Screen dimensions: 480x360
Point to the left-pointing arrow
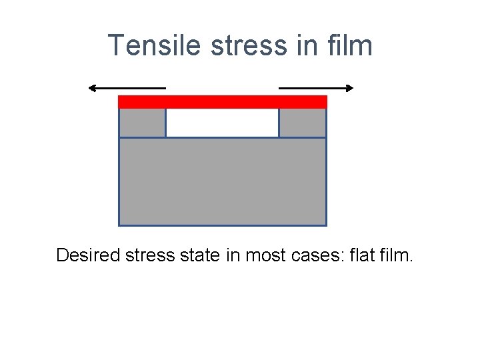coord(127,88)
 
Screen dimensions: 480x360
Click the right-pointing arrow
coord(316,88)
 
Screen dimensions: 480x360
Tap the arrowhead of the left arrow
coord(92,88)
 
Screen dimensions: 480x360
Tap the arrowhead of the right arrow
coord(350,88)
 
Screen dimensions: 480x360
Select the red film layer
coord(223,101)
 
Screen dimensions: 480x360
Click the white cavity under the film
coord(222,123)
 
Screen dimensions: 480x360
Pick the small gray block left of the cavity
coord(142,123)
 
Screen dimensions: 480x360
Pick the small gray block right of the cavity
coord(303,123)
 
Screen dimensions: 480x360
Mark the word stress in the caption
coord(148,255)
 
